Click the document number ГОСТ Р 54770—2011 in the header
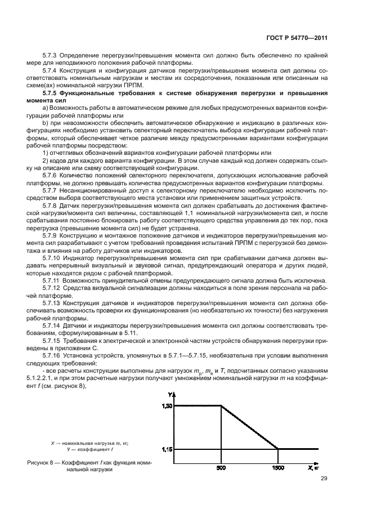click(x=297, y=38)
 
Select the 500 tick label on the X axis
click(x=221, y=468)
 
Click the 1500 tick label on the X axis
click(x=278, y=468)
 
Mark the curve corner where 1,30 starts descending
click(x=221, y=406)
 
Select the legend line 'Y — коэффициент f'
click(x=89, y=450)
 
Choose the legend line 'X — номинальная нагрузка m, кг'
click(x=89, y=444)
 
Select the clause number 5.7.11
click(x=53, y=280)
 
